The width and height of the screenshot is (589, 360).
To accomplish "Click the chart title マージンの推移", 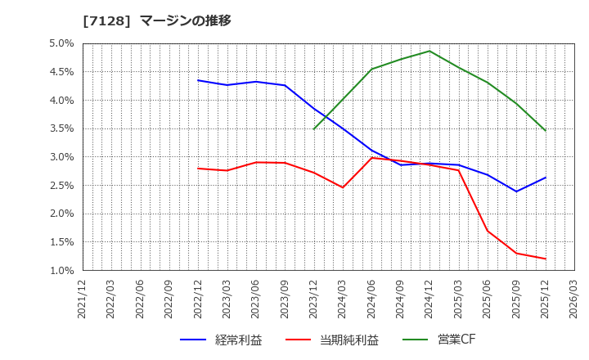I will (186, 20).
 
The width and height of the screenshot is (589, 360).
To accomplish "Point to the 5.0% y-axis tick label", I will (61, 43).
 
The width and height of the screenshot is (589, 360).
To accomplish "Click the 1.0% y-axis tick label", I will (61, 270).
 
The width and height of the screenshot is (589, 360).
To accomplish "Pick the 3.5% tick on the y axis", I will (61, 128).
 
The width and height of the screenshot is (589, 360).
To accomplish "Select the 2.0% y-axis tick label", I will (61, 214).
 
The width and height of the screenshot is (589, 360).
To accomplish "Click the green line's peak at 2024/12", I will (429, 51).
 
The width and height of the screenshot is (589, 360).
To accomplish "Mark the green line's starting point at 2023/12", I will (314, 128).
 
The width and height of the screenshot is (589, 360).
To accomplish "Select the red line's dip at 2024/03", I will (343, 187).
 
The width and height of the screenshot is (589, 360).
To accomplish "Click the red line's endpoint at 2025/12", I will (545, 259).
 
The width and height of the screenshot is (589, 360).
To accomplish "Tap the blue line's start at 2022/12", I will (198, 80).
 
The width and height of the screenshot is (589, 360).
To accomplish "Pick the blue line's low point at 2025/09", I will (516, 191).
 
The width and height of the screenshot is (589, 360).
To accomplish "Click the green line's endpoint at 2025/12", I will (545, 130).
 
